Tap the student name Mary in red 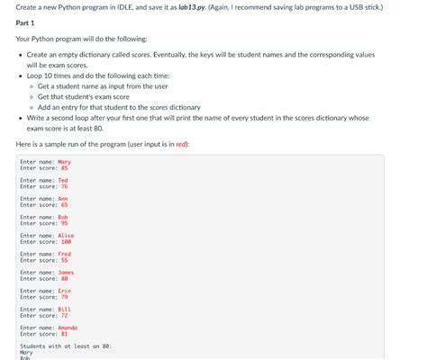64,162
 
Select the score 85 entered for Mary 65,167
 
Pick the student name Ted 62,180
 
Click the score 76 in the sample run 65,186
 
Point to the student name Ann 62,199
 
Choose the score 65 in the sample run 65,204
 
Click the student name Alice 66,236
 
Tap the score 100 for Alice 66,241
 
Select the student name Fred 64,254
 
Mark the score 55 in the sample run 65,260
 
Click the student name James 66,273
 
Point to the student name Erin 64,291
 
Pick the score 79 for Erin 65,297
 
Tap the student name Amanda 68,328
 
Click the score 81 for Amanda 65,334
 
